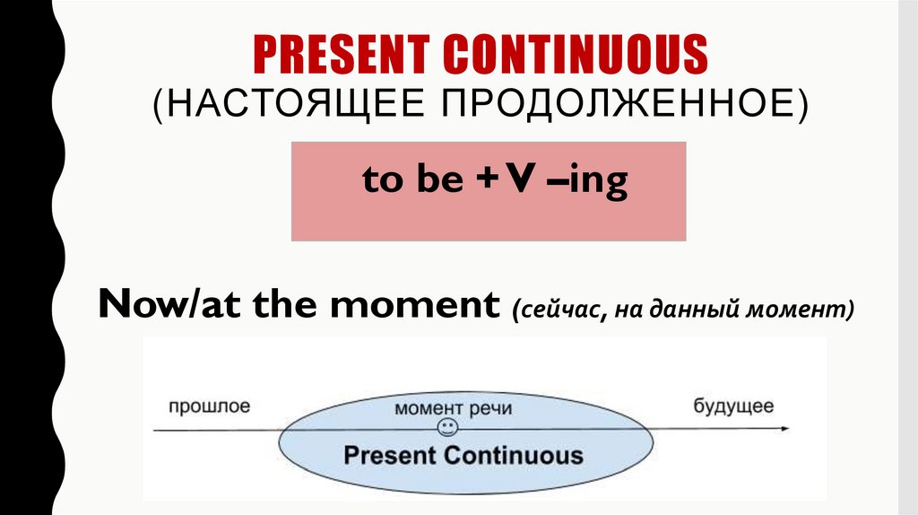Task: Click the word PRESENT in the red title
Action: (344, 55)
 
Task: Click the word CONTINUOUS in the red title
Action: (577, 55)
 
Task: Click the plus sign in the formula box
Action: (485, 181)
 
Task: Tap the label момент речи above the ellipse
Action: (453, 408)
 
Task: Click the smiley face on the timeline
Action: (446, 429)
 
